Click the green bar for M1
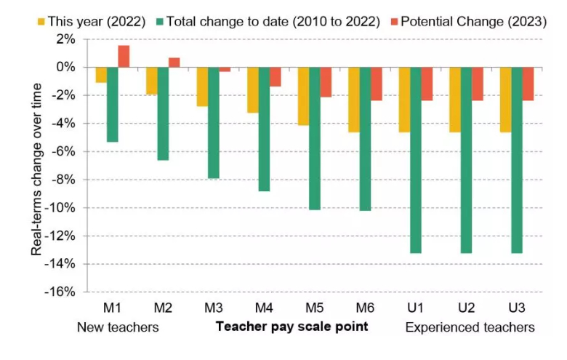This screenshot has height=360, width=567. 112,104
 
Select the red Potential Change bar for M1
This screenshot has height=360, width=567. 124,56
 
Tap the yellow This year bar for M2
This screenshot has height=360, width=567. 151,81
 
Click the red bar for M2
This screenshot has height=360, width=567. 174,63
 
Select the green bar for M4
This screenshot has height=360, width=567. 264,129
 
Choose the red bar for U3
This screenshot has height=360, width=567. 528,84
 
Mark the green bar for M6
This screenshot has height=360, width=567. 365,138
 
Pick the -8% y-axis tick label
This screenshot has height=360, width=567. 64,180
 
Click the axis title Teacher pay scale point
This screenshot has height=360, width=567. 291,327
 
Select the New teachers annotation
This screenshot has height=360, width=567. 118,327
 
